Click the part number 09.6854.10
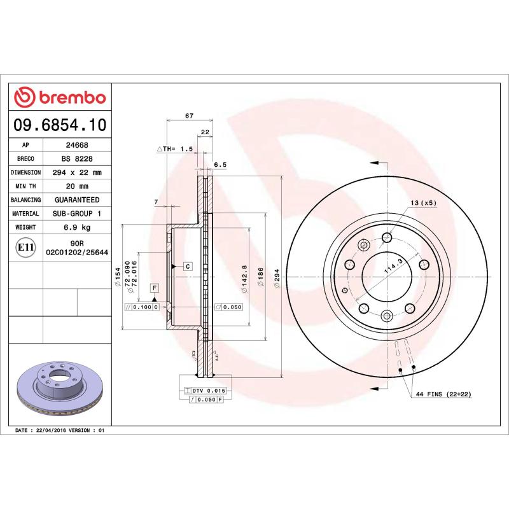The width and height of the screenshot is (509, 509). pyautogui.click(x=60, y=124)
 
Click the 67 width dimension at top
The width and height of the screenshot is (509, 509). pyautogui.click(x=189, y=115)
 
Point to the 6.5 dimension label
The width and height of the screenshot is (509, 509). pyautogui.click(x=220, y=164)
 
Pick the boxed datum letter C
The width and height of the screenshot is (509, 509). pyautogui.click(x=188, y=266)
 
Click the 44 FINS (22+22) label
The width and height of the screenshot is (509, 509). pyautogui.click(x=443, y=394)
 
